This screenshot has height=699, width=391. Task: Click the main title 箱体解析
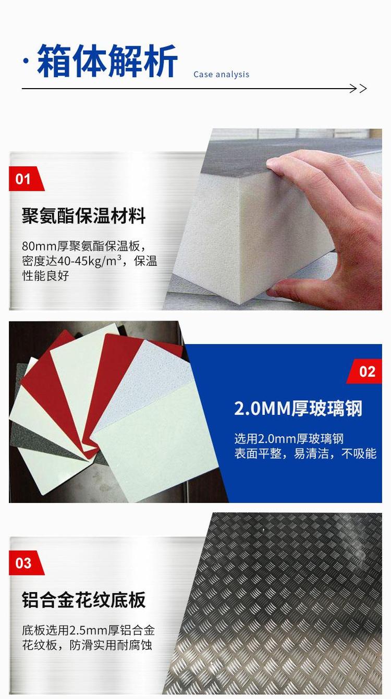[107, 61]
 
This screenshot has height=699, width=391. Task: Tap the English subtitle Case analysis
[221, 75]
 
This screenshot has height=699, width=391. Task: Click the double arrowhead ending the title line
[358, 89]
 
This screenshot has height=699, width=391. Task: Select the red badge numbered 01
[27, 179]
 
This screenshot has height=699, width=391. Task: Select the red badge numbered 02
[364, 371]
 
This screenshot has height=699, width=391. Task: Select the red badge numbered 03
[27, 563]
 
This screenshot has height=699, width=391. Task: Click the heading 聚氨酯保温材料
[83, 216]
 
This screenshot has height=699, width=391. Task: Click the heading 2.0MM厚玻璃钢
[298, 408]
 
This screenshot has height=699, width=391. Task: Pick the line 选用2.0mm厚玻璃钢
[289, 439]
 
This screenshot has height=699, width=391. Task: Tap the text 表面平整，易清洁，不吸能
[306, 453]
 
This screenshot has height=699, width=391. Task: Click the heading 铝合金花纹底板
[83, 599]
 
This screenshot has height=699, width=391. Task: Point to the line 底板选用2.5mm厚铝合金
[88, 630]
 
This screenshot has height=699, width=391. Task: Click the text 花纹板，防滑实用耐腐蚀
[87, 645]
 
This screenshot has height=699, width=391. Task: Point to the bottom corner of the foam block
[240, 303]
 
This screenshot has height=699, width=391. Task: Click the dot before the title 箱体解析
[26, 61]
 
